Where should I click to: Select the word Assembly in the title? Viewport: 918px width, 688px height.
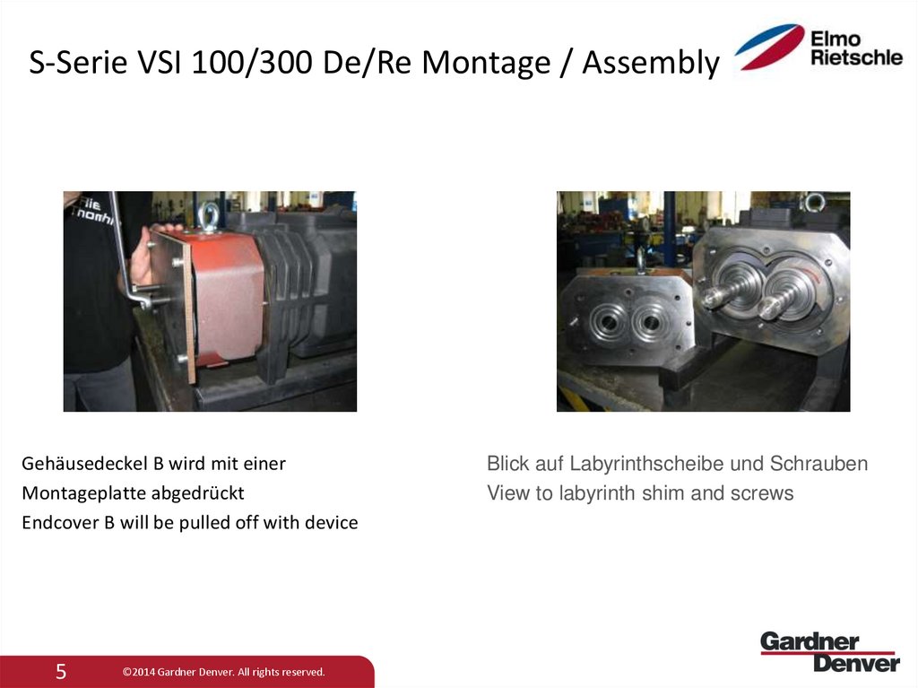pyautogui.click(x=650, y=64)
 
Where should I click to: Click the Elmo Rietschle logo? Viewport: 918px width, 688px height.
pyautogui.click(x=818, y=48)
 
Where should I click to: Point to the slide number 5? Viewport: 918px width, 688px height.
pyautogui.click(x=61, y=672)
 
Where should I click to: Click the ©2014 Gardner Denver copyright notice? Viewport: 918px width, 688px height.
pyautogui.click(x=223, y=672)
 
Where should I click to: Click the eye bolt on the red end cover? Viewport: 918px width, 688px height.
pyautogui.click(x=210, y=215)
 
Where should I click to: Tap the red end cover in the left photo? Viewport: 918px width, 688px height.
pyautogui.click(x=228, y=296)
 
